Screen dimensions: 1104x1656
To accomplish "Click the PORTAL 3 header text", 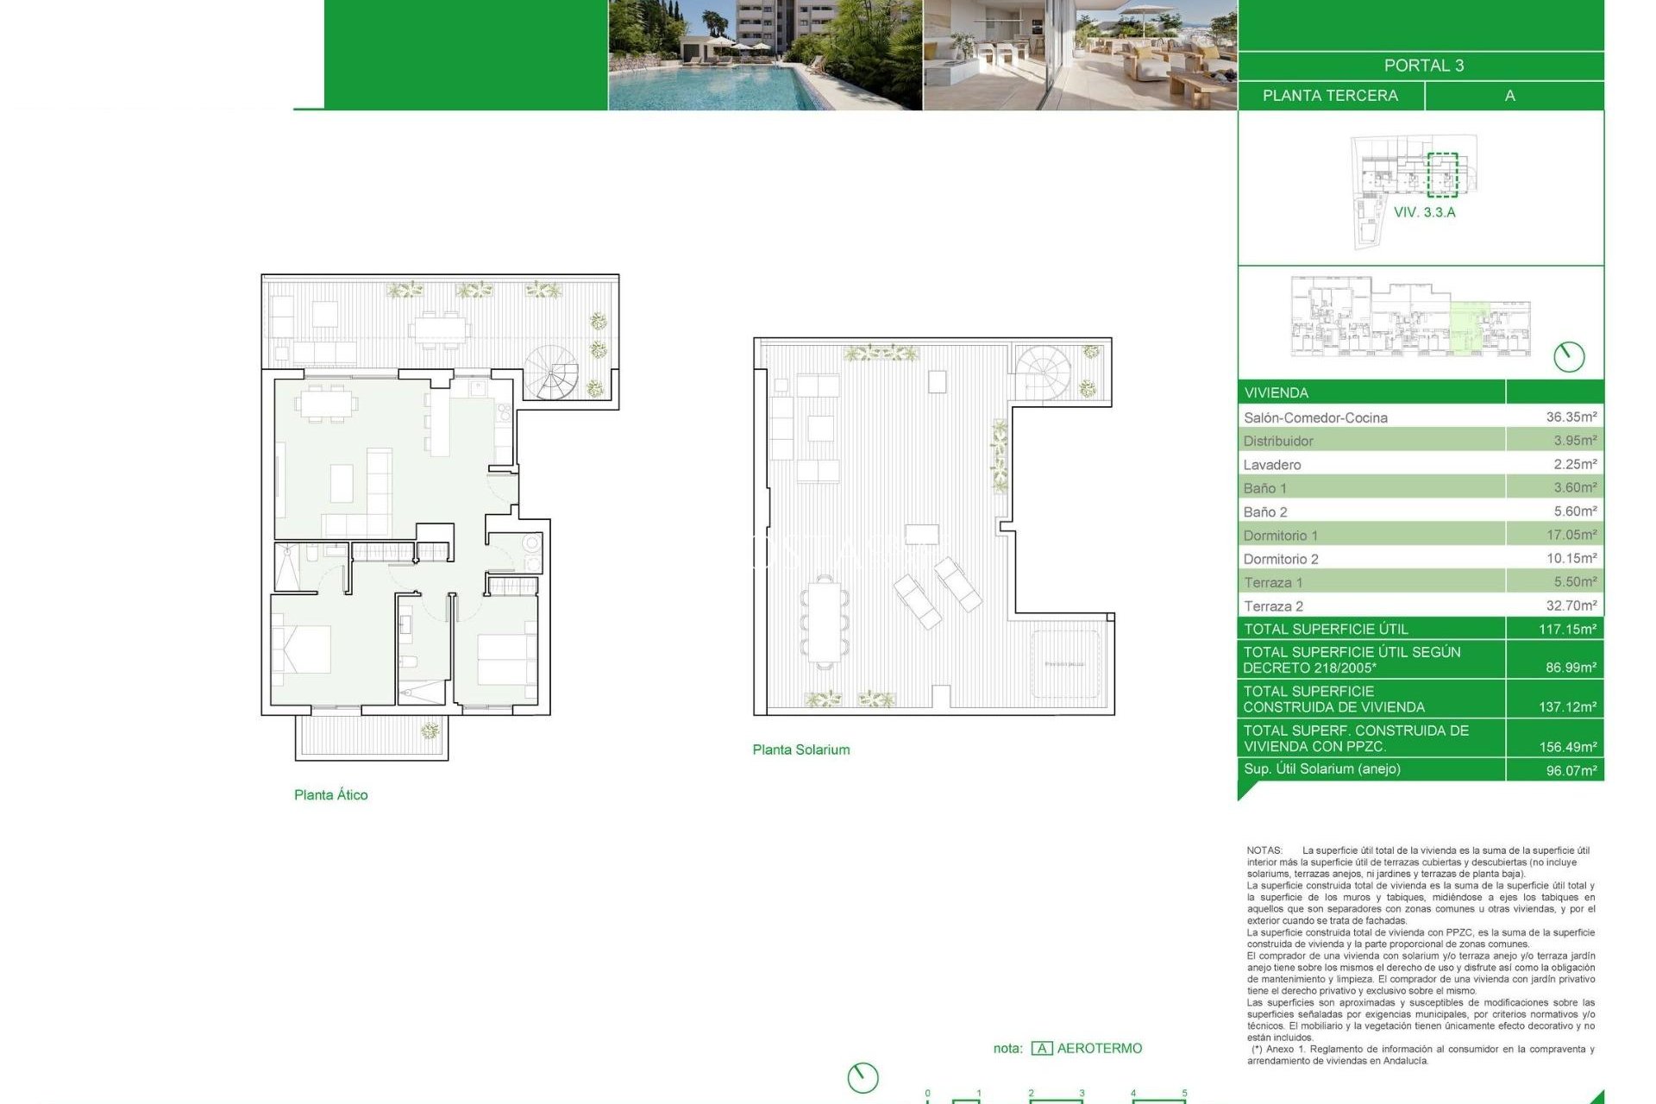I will [x=1423, y=66].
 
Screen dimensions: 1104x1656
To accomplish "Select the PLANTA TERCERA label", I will [x=1330, y=96].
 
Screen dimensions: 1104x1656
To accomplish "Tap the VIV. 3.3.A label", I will [x=1424, y=212].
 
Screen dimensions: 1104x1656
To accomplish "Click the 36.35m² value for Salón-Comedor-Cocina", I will [x=1571, y=417].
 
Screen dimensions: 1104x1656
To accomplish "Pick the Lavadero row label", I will [x=1271, y=465].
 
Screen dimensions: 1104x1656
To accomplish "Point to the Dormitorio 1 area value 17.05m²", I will [x=1571, y=535].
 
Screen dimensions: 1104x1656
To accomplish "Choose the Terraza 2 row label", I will [x=1273, y=606].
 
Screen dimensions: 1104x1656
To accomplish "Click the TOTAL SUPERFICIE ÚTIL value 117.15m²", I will [x=1567, y=630].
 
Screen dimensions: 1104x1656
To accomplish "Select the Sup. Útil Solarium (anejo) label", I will [x=1321, y=768].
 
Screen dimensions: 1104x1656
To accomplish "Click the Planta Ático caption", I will [x=330, y=795].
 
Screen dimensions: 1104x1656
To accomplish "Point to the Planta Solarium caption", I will [x=800, y=750].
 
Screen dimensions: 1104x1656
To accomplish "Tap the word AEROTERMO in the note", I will [x=1099, y=1048].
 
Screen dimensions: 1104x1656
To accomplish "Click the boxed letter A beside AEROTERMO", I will [x=1041, y=1048].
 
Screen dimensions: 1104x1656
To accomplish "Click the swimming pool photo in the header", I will [x=764, y=55].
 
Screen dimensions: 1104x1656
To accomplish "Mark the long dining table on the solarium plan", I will [x=824, y=621].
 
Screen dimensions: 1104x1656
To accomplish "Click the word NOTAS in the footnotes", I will [x=1264, y=850].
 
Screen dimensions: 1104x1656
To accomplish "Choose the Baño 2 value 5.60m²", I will [x=1574, y=511].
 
